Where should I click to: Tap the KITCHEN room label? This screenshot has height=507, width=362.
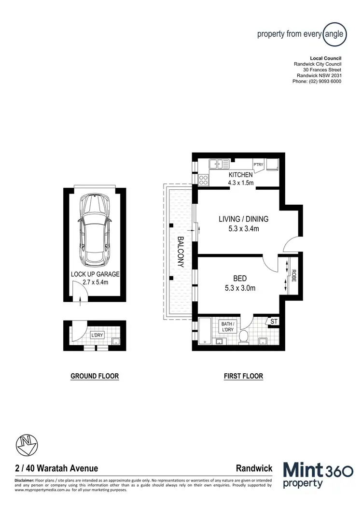[240, 175]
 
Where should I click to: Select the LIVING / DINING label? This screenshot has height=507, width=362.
[243, 219]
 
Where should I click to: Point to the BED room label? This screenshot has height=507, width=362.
[240, 278]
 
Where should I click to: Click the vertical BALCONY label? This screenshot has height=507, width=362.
[181, 252]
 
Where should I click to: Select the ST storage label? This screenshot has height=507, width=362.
[274, 321]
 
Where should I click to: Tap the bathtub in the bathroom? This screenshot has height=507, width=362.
[205, 331]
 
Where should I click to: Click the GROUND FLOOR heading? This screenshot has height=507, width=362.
[95, 376]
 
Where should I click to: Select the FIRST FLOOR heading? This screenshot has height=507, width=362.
[243, 376]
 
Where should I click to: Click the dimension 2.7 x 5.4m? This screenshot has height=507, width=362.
[95, 282]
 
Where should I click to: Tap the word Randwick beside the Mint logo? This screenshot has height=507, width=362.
[254, 468]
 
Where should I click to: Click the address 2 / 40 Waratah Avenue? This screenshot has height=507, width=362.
[56, 468]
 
